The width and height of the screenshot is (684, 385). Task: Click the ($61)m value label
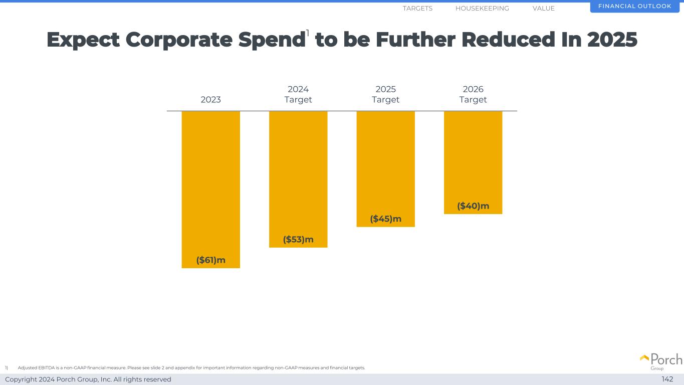210,260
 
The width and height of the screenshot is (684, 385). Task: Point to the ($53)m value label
298,240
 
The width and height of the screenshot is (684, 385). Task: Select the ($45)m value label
385,219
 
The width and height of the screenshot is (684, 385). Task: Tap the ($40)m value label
473,206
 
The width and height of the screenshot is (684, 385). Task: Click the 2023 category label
210,100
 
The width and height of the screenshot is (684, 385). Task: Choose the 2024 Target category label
298,94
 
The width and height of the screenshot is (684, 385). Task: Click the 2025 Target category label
385,94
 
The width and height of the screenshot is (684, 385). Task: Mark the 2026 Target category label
473,94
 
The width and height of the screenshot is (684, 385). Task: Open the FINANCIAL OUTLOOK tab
634,7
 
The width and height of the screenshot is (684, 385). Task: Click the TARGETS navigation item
417,9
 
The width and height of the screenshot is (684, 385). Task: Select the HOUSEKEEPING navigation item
482,9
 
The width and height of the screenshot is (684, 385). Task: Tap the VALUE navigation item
544,9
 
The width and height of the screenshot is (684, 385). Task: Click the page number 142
667,379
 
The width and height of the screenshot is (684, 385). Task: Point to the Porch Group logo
661,361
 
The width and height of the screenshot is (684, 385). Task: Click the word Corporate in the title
179,40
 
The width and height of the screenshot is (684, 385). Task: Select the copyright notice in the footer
88,379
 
